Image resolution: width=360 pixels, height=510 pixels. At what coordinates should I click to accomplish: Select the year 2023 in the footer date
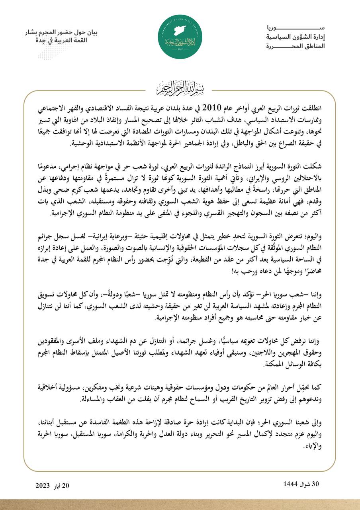[x=43, y=485]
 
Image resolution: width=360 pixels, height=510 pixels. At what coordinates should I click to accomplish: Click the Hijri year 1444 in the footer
[x=290, y=484]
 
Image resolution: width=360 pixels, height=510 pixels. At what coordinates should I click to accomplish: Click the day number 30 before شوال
[x=315, y=484]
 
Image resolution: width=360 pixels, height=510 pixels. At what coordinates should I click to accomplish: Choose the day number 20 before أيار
[x=66, y=485]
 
